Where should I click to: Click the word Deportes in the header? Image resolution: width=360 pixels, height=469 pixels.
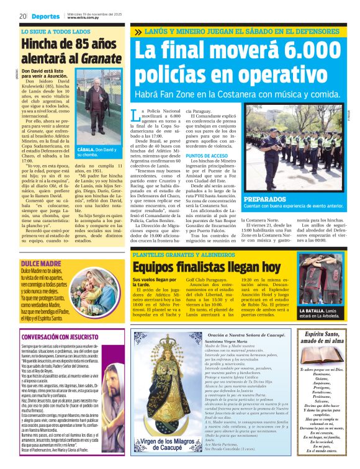[47, 16]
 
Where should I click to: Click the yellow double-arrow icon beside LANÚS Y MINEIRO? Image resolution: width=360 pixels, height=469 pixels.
[137, 31]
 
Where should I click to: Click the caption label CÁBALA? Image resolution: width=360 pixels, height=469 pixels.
[87, 150]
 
